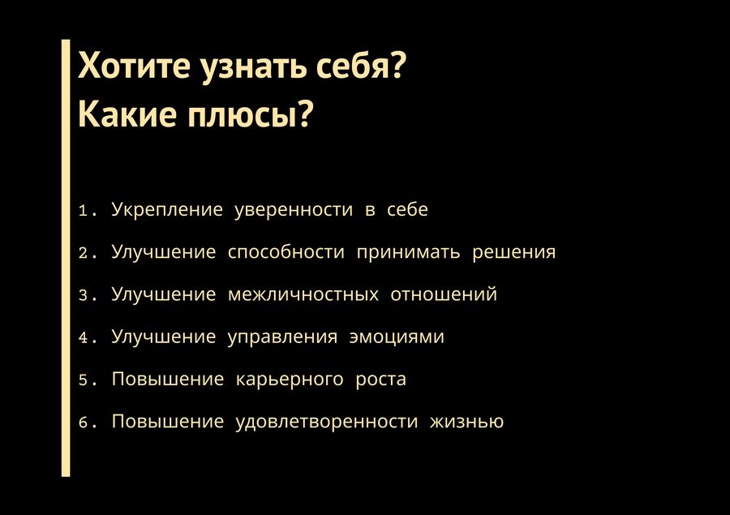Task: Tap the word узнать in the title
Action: (x=253, y=68)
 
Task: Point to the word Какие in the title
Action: (x=127, y=114)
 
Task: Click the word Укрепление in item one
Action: (x=167, y=210)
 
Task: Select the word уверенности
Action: (x=294, y=211)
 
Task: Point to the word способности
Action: (x=286, y=252)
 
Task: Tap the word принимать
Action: (x=408, y=253)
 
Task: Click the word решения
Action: (x=514, y=253)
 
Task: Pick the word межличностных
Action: (x=303, y=294)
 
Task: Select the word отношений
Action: (x=444, y=294)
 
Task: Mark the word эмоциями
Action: (x=397, y=337)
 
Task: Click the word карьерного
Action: (x=290, y=380)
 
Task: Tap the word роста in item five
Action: (x=381, y=380)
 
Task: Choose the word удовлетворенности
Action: (x=327, y=422)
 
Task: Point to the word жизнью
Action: (x=466, y=422)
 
